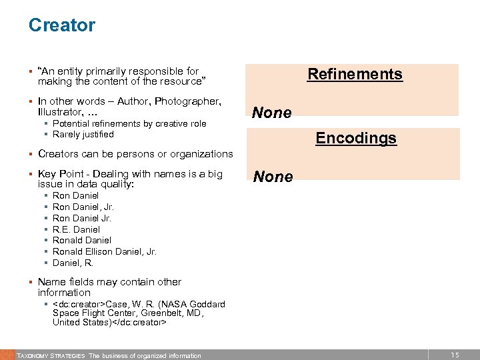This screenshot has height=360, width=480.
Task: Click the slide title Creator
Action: pyautogui.click(x=62, y=25)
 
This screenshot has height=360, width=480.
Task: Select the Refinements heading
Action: pyautogui.click(x=355, y=73)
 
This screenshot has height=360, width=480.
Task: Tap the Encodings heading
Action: pyautogui.click(x=356, y=138)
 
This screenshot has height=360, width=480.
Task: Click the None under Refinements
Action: pyautogui.click(x=272, y=113)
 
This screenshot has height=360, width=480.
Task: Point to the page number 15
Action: pyautogui.click(x=454, y=355)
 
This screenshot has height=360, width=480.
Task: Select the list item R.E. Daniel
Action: pyautogui.click(x=76, y=229)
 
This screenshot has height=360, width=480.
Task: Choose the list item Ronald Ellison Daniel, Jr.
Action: pyautogui.click(x=105, y=251)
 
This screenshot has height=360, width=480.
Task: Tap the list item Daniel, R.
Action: pyautogui.click(x=73, y=263)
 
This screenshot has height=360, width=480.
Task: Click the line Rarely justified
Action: pyautogui.click(x=83, y=134)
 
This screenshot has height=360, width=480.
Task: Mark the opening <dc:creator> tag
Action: pyautogui.click(x=79, y=304)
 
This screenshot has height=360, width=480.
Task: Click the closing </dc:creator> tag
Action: pyautogui.click(x=136, y=322)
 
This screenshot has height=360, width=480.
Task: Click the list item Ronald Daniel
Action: pyautogui.click(x=82, y=240)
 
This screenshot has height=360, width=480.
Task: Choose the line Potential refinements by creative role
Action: pyautogui.click(x=129, y=123)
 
